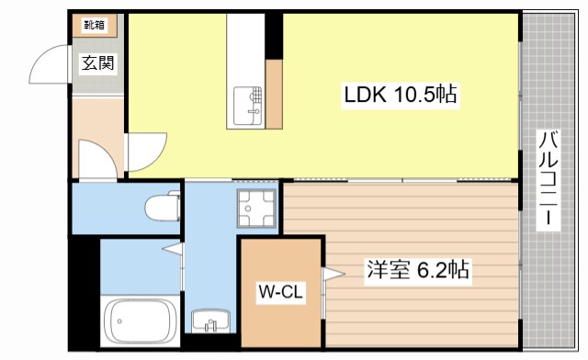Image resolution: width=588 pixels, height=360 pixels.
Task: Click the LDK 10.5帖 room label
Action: tap(401, 94)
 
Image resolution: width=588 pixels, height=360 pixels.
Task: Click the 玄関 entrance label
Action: tap(98, 63)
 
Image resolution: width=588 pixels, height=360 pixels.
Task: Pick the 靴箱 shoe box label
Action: tap(95, 25)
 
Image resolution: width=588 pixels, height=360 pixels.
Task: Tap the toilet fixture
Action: tap(163, 208)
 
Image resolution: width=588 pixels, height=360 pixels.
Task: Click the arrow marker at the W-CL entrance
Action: tap(332, 272)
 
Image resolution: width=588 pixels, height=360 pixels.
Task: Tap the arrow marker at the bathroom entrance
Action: tap(172, 248)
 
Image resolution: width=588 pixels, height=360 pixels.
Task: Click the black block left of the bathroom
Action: tap(84, 294)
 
